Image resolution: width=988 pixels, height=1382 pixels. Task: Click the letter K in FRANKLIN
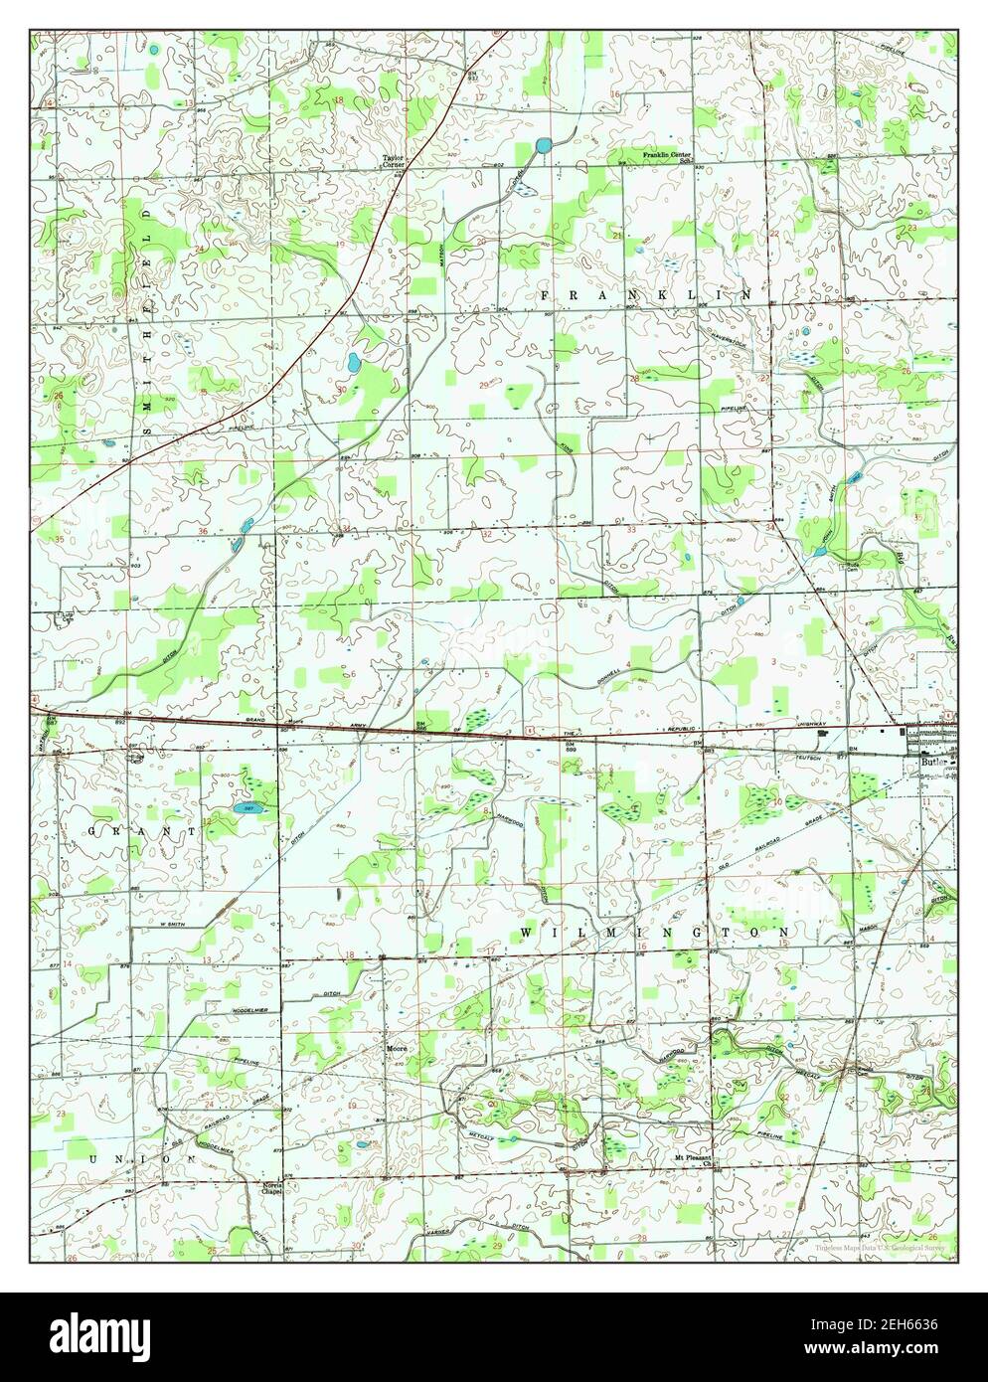(x=660, y=296)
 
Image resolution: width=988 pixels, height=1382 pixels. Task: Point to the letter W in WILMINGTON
(x=524, y=932)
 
